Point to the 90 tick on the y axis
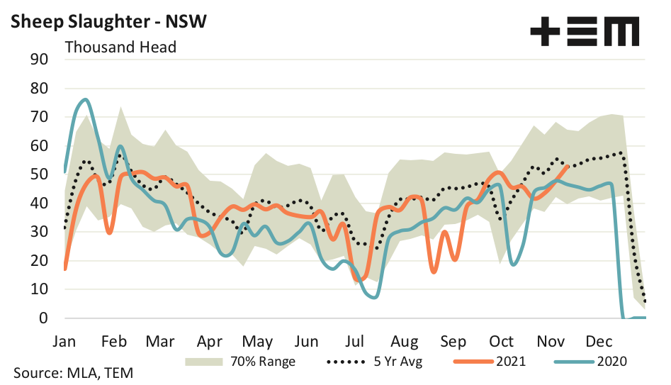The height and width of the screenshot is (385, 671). pos(38,60)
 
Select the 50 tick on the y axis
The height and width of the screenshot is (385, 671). pos(38,174)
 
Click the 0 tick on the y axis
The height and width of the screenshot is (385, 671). pos(43,318)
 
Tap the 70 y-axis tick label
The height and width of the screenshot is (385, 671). pos(38,117)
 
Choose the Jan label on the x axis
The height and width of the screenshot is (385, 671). pos(66,341)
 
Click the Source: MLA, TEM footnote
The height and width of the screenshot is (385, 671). pos(73,373)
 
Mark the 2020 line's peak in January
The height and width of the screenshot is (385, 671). pos(85,99)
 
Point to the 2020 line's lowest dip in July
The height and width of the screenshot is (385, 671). pos(373,297)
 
